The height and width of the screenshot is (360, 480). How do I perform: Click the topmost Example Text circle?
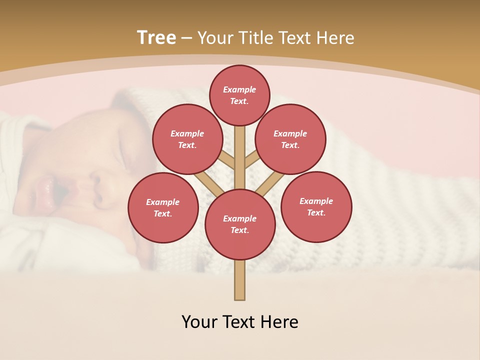(x=239, y=95)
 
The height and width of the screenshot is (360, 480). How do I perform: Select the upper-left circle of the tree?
(x=187, y=139)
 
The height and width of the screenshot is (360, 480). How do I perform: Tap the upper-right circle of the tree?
(x=290, y=139)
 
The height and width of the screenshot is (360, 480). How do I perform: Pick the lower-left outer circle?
(x=163, y=207)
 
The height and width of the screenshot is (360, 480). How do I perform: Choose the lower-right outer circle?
(x=316, y=206)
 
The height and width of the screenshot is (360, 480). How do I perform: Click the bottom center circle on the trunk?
(x=240, y=224)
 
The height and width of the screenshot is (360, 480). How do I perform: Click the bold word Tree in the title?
(x=156, y=38)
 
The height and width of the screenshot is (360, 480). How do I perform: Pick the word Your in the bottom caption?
(x=199, y=322)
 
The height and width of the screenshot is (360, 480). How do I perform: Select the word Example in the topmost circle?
(x=239, y=89)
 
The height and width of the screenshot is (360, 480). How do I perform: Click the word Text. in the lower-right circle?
(x=316, y=212)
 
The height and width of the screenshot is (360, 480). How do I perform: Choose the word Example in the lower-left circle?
(x=163, y=202)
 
